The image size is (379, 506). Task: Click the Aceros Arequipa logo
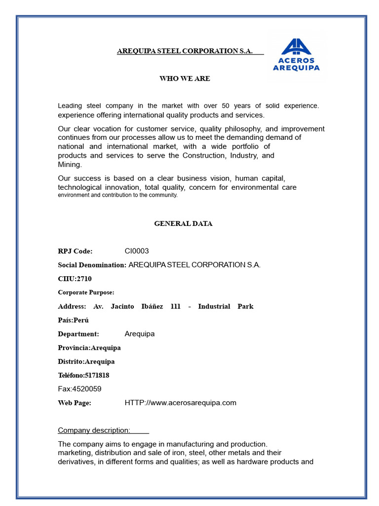(x=296, y=55)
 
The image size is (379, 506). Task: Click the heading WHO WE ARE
(x=185, y=79)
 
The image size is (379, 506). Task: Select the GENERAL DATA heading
(x=183, y=223)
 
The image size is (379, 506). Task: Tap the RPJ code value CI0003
(x=137, y=251)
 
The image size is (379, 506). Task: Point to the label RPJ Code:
(x=75, y=251)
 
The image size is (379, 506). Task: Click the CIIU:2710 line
(x=75, y=279)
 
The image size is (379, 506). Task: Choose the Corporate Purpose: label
(x=86, y=293)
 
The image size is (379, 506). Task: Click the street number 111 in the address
(x=175, y=306)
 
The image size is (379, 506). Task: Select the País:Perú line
(x=74, y=320)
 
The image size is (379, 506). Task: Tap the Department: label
(x=78, y=334)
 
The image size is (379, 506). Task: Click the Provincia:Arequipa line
(x=89, y=348)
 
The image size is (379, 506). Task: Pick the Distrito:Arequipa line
(x=86, y=362)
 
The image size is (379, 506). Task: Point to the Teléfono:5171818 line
(x=83, y=376)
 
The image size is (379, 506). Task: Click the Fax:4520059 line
(x=79, y=389)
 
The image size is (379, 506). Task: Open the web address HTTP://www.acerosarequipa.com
(x=180, y=403)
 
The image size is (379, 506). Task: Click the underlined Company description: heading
(x=94, y=430)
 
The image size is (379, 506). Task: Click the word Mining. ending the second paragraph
(x=70, y=165)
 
